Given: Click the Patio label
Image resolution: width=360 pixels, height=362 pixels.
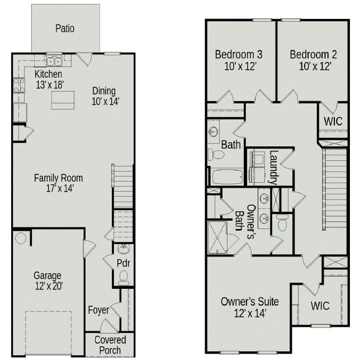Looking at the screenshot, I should pyautogui.click(x=65, y=28).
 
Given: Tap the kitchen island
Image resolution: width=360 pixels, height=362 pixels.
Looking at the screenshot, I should pyautogui.click(x=63, y=101).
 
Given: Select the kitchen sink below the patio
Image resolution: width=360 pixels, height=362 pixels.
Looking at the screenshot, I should pyautogui.click(x=54, y=61).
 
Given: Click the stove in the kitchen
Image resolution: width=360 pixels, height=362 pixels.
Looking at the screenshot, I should pyautogui.click(x=18, y=85).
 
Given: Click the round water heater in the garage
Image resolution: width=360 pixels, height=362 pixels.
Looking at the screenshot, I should pyautogui.click(x=21, y=239).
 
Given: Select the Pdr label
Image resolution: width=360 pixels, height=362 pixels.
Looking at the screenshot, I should pyautogui.click(x=123, y=263).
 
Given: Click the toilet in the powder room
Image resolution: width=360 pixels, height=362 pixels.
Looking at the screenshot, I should pyautogui.click(x=124, y=275).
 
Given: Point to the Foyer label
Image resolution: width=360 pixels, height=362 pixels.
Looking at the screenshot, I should pyautogui.click(x=98, y=310).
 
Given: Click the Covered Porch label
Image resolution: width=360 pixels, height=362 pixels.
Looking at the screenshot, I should pyautogui.click(x=110, y=345).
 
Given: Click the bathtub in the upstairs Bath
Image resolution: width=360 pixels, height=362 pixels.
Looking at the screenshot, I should pyautogui.click(x=227, y=177).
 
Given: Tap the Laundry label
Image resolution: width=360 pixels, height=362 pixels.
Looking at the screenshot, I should pyautogui.click(x=273, y=167).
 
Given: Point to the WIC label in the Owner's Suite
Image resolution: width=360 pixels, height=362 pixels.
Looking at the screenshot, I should pyautogui.click(x=320, y=306).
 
